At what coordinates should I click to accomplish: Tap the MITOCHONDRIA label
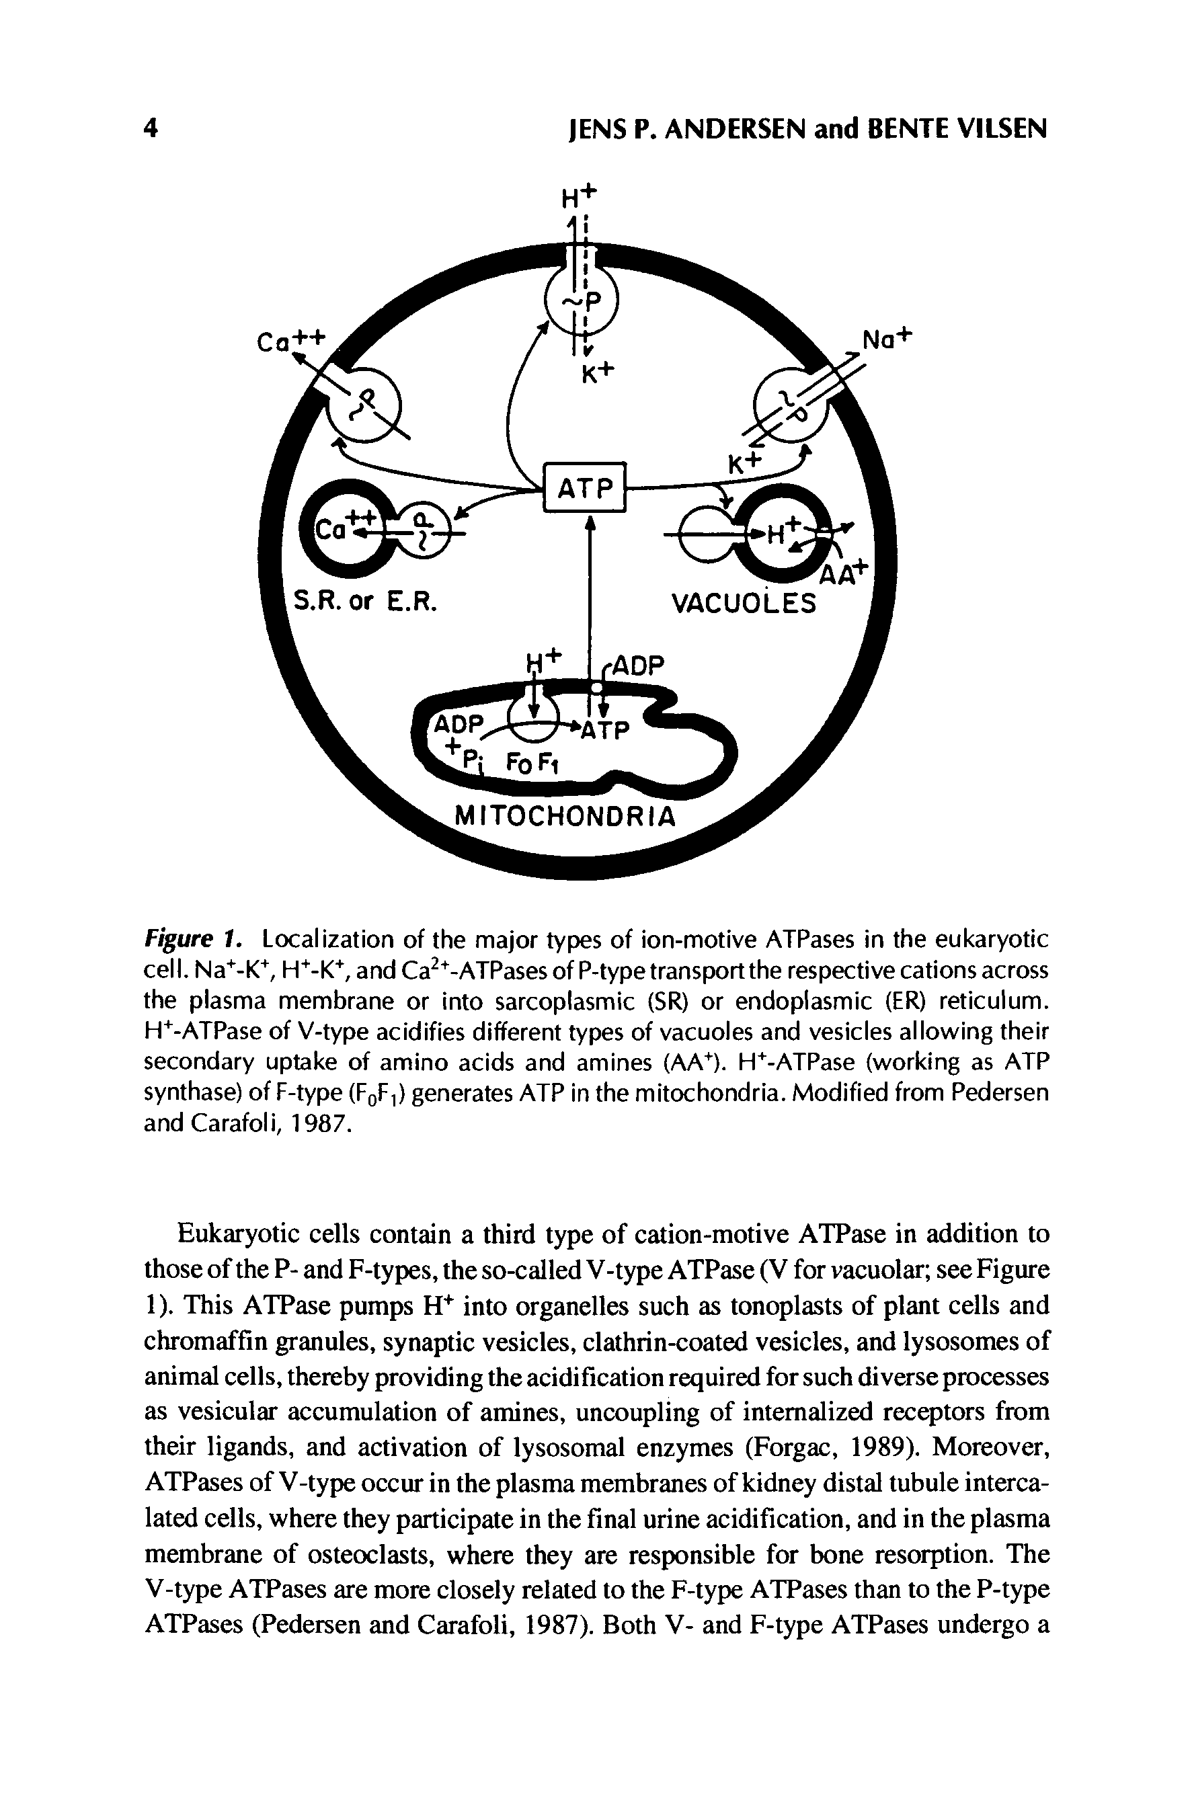(x=565, y=817)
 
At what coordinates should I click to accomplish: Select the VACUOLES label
(x=743, y=604)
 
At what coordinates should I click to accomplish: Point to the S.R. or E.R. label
(x=366, y=602)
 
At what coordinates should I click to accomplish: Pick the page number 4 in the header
(x=151, y=129)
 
